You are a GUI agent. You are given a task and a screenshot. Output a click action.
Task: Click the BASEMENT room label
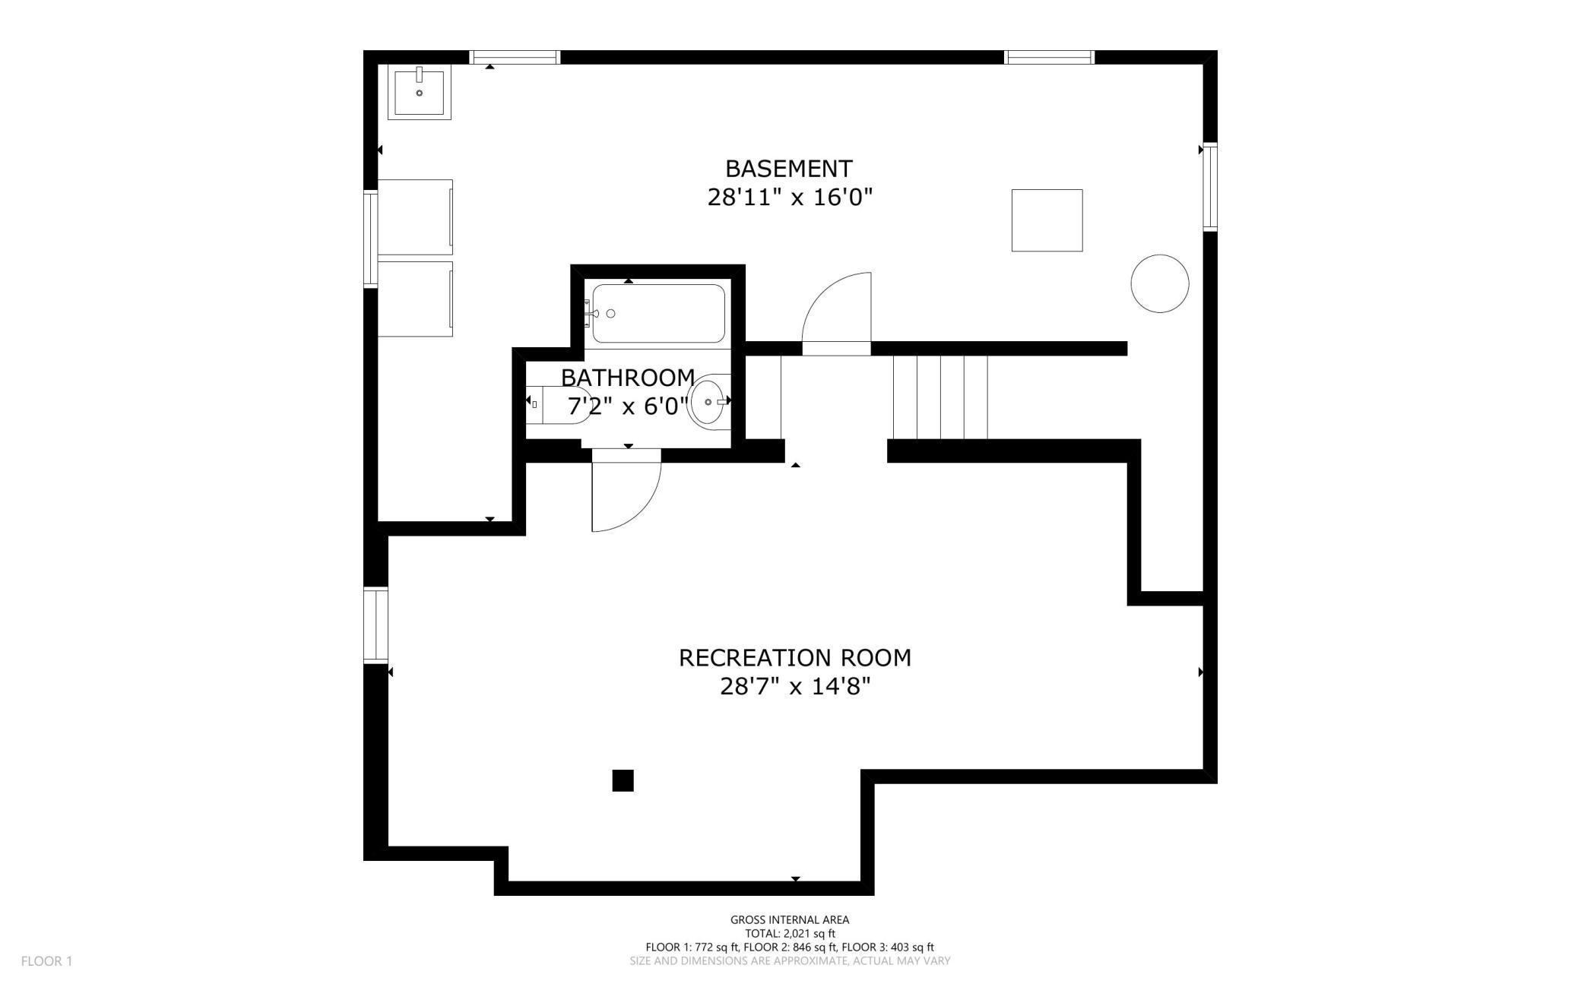pyautogui.click(x=788, y=168)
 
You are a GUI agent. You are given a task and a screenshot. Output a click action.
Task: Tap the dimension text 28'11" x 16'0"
pyautogui.click(x=789, y=198)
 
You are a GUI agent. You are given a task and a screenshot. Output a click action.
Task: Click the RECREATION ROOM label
pyautogui.click(x=794, y=657)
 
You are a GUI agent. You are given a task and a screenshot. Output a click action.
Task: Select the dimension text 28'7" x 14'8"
pyautogui.click(x=794, y=687)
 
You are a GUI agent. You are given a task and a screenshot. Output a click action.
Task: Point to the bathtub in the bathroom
pyautogui.click(x=658, y=313)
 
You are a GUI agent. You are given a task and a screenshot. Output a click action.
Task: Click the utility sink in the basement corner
pyautogui.click(x=419, y=92)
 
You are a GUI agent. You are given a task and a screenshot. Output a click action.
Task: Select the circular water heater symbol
pyautogui.click(x=1159, y=283)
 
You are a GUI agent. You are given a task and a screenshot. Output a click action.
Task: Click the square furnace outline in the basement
pyautogui.click(x=1047, y=220)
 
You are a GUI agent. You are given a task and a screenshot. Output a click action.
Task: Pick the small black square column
pyautogui.click(x=623, y=780)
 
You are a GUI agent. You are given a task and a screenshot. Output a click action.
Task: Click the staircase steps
pyautogui.click(x=940, y=397)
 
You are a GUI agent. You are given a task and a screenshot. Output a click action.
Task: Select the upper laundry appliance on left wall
pyautogui.click(x=415, y=217)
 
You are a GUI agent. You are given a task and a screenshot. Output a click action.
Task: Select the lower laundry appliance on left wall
pyautogui.click(x=415, y=299)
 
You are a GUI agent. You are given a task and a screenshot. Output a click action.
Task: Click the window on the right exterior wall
pyautogui.click(x=1209, y=186)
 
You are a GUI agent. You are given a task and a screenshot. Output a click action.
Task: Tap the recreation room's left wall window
pyautogui.click(x=375, y=625)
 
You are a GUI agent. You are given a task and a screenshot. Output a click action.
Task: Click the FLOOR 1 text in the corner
pyautogui.click(x=46, y=960)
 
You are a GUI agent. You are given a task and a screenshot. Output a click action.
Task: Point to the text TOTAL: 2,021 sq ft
pyautogui.click(x=790, y=933)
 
